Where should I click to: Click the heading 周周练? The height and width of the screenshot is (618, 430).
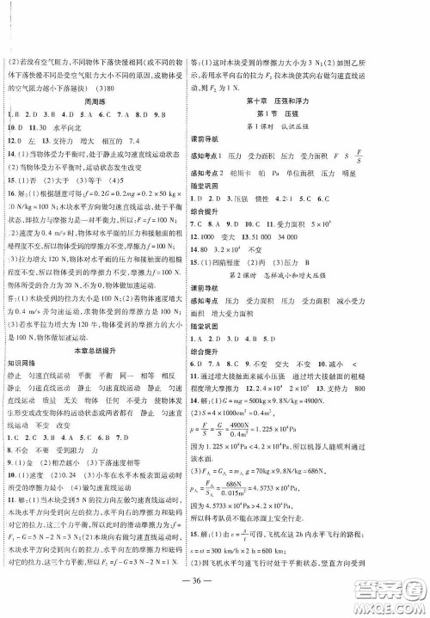coord(107,100)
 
